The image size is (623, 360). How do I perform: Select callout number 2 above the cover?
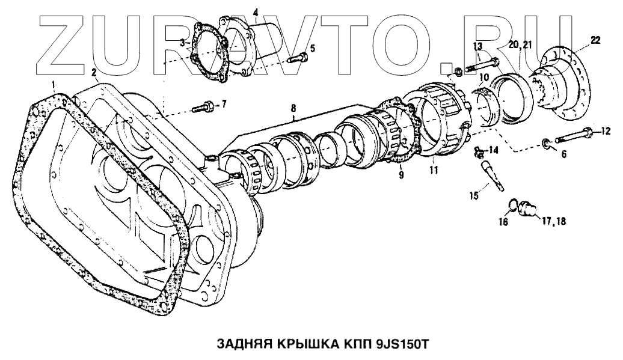click(94, 73)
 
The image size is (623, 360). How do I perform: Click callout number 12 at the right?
click(606, 130)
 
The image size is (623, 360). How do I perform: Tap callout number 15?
click(475, 195)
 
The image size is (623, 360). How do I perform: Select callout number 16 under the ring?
click(503, 222)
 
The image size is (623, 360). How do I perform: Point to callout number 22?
click(595, 40)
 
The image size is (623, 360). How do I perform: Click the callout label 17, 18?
click(554, 221)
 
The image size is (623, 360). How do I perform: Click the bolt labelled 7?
click(201, 108)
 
